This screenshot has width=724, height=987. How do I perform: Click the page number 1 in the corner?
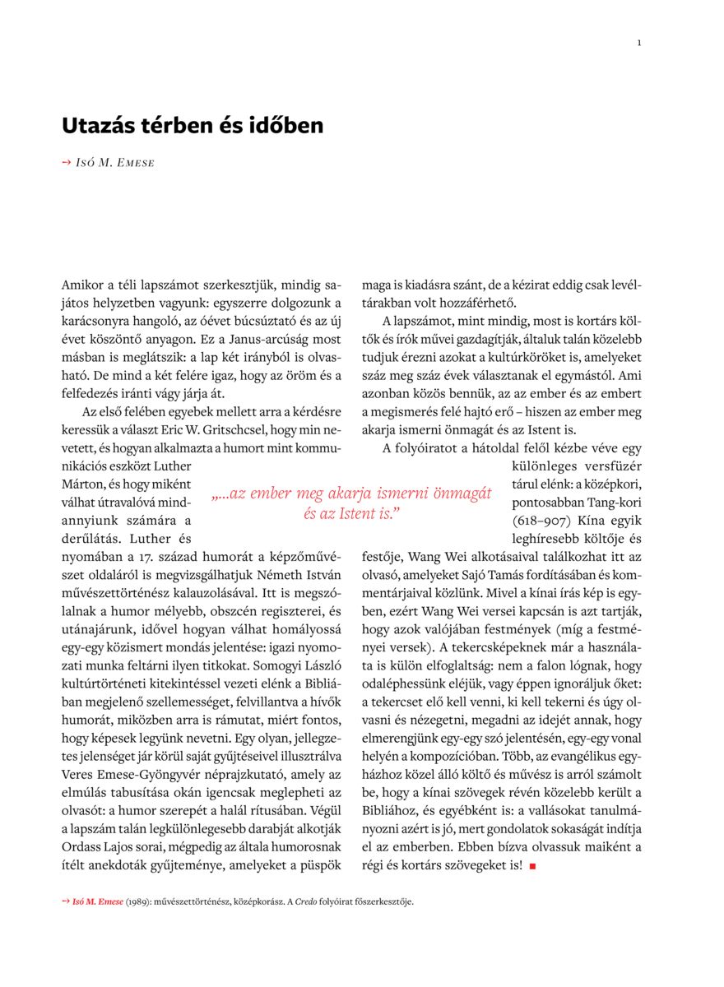(x=639, y=43)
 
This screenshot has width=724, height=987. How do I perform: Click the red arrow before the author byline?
(x=67, y=163)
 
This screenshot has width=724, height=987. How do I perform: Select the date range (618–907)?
(x=542, y=521)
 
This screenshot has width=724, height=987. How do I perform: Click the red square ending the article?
(x=532, y=866)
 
